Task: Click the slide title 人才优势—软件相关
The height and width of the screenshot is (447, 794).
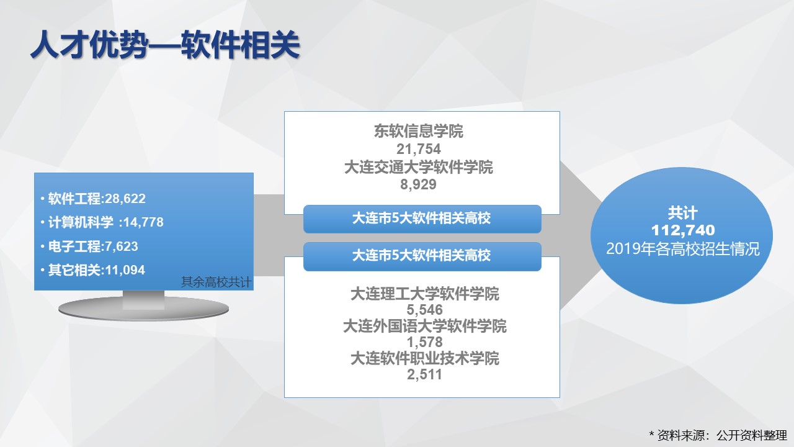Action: click(x=165, y=45)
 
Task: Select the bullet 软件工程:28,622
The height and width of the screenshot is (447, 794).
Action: click(x=97, y=199)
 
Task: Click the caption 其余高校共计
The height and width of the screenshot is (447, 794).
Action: click(x=216, y=282)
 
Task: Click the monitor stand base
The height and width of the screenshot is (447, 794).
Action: click(x=143, y=308)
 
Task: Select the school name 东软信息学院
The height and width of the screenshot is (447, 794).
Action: click(x=419, y=131)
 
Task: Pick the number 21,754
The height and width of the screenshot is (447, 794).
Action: click(x=419, y=149)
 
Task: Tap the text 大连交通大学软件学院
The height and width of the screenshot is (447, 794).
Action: click(x=419, y=167)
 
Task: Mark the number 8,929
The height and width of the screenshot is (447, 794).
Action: click(x=419, y=184)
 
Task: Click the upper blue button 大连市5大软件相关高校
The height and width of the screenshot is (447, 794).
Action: click(x=422, y=219)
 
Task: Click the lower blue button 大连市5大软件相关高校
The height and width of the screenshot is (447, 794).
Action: click(x=422, y=256)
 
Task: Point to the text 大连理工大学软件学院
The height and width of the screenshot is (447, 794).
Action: click(x=425, y=294)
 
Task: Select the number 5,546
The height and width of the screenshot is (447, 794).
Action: click(x=425, y=310)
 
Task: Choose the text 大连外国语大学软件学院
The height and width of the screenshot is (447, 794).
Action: click(x=425, y=326)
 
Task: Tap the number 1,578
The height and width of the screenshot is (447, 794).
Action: click(x=425, y=342)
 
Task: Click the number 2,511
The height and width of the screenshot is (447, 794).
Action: click(x=425, y=374)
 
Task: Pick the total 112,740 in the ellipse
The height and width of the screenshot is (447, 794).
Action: click(x=683, y=230)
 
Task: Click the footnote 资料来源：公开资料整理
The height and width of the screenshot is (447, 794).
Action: click(x=722, y=435)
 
